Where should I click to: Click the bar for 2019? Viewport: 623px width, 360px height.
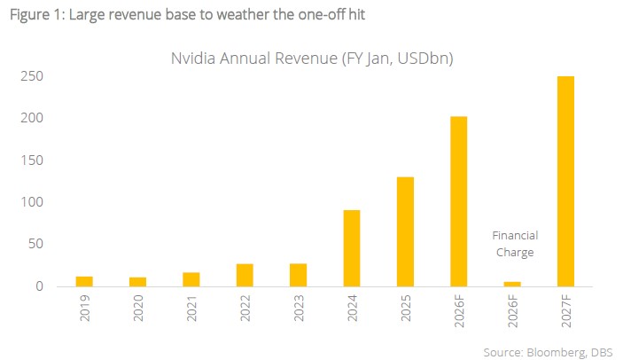84,282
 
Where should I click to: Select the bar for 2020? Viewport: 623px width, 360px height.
137,282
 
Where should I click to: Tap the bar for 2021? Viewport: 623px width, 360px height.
191,279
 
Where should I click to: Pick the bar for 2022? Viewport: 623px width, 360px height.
245,275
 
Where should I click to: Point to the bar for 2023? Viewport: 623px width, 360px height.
298,275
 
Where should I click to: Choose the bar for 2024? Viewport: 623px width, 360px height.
352,248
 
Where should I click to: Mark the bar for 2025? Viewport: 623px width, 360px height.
405,231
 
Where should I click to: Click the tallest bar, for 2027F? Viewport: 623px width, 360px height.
565,181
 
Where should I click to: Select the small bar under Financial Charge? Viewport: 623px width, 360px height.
512,284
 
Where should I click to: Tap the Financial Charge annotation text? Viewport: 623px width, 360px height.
515,243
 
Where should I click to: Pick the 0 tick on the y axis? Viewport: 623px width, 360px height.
39,286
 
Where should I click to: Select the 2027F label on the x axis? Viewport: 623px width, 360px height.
566,310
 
